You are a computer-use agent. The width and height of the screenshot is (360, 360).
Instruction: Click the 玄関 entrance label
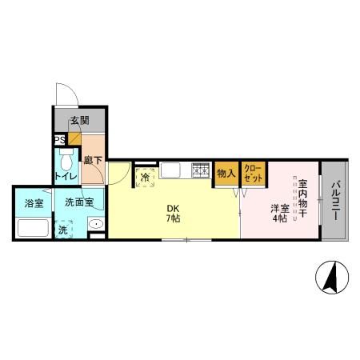pos(79,121)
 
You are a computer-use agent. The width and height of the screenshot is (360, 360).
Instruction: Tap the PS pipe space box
pos(60,140)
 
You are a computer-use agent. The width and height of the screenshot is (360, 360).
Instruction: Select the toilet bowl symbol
pos(66,160)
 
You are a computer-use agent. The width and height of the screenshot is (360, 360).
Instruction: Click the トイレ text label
pos(66,176)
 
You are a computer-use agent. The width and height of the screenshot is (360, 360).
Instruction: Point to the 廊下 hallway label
pos(93,160)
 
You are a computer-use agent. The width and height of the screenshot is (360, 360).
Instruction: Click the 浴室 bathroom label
pos(34,203)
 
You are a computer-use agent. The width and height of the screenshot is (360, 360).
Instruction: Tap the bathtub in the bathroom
pos(33,227)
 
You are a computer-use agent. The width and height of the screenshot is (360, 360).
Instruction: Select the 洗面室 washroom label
pos(79,202)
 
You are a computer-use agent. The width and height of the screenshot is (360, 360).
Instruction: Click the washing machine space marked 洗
pos(63,230)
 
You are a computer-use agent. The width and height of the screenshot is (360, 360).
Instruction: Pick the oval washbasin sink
pos(96,224)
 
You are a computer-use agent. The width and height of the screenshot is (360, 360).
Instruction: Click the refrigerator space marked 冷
pos(146,178)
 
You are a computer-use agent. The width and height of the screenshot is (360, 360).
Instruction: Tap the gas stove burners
pos(201,170)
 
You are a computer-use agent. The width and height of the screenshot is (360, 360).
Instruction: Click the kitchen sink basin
pos(170,170)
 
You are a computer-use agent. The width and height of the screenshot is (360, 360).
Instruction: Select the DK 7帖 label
pos(173,214)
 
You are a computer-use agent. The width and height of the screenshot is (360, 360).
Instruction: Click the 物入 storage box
pos(226,174)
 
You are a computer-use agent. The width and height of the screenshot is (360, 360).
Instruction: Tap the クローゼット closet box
pos(254,174)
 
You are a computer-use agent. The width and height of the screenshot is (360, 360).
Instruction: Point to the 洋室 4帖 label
pos(280,213)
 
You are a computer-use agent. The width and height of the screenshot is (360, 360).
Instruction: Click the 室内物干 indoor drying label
pos(302,198)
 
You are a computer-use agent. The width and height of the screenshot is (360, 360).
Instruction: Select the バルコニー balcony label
pos(336,201)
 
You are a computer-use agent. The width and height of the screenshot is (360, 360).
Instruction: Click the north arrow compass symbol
pos(332,278)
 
